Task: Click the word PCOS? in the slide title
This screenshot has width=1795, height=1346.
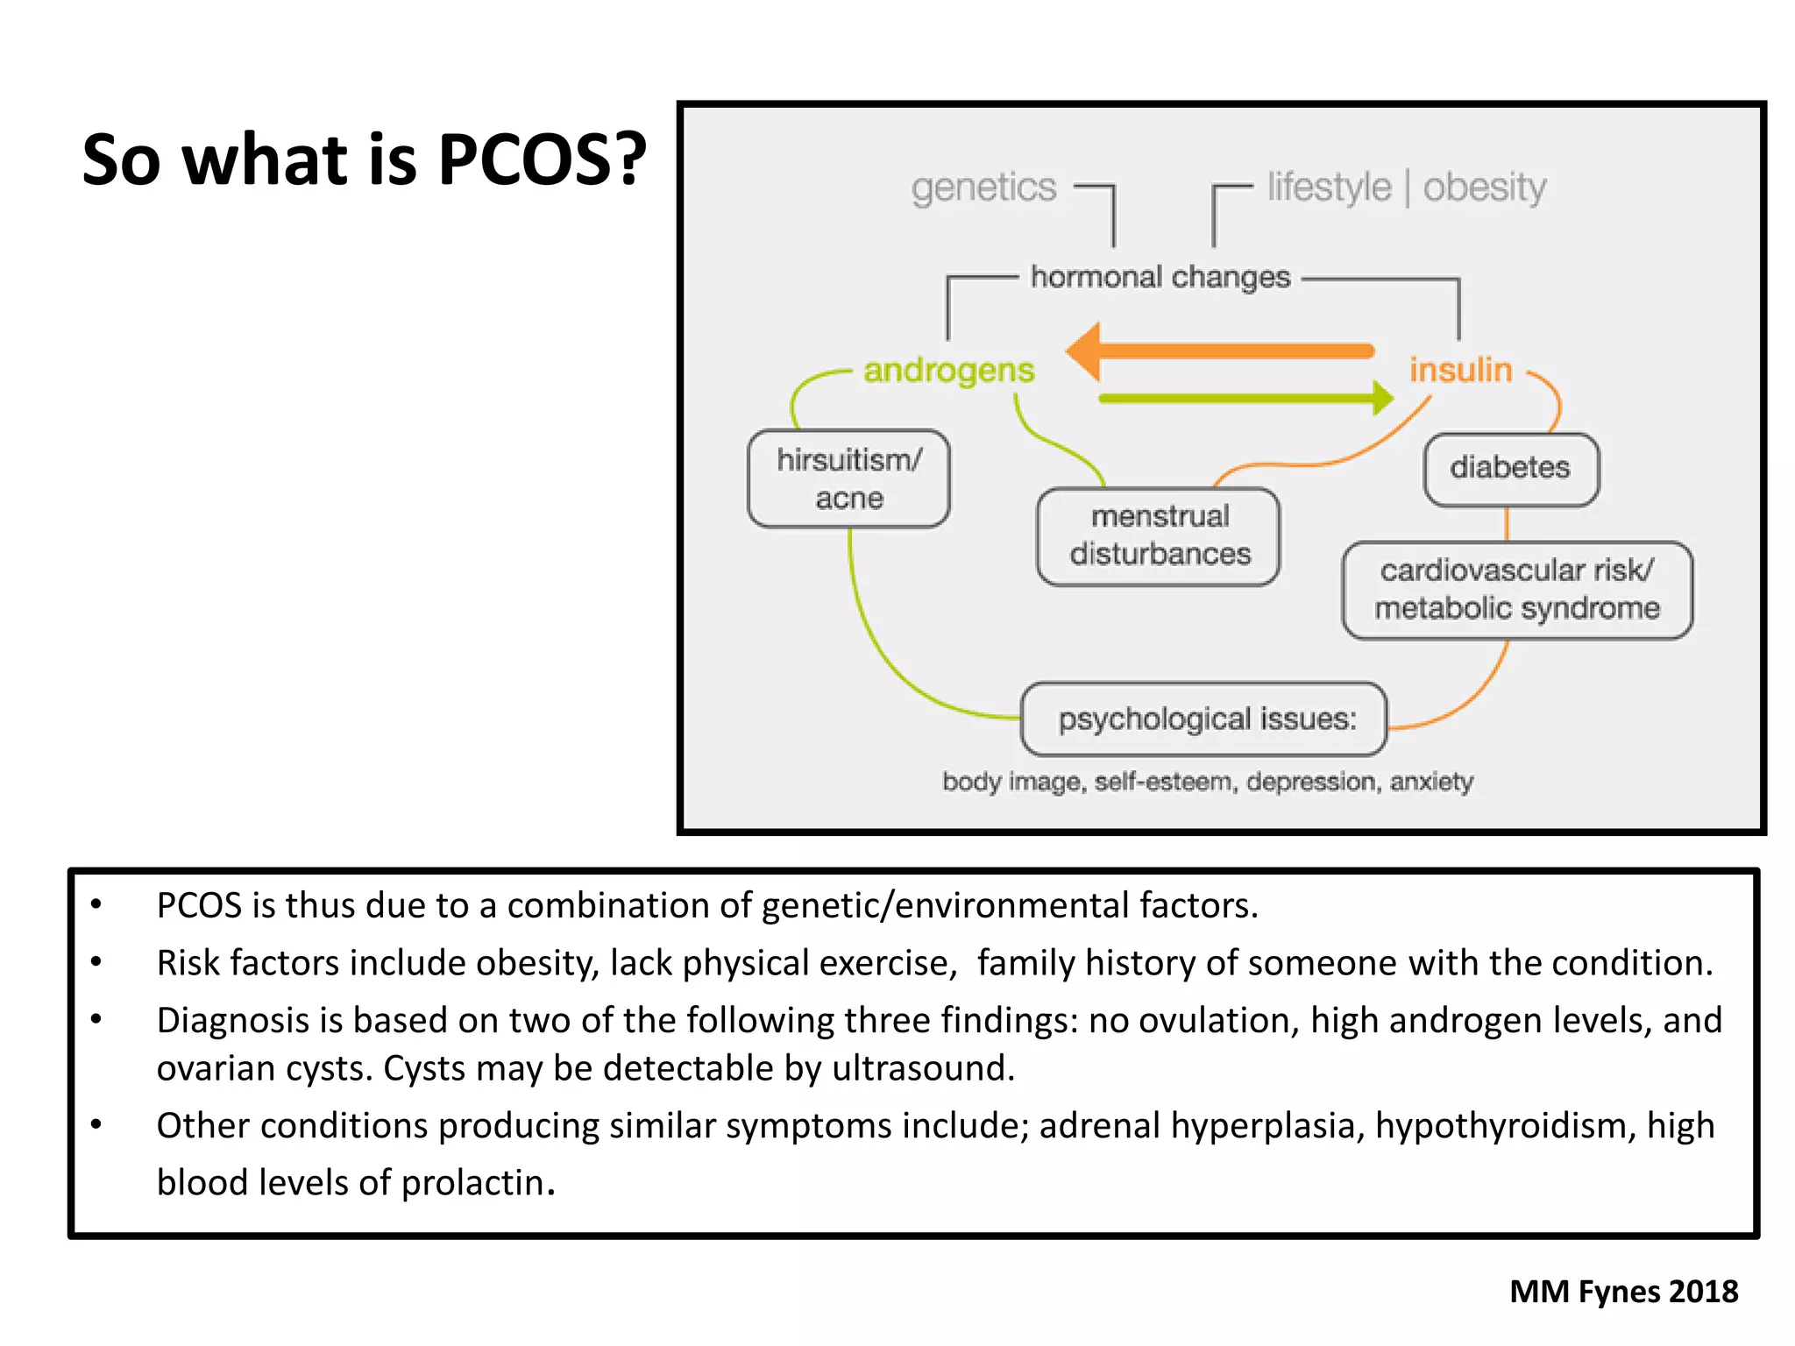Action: tap(541, 159)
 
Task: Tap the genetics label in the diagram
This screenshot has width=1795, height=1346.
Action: tap(983, 188)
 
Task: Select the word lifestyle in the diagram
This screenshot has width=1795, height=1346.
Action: tap(1329, 188)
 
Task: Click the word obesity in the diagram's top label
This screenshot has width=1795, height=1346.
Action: tap(1485, 188)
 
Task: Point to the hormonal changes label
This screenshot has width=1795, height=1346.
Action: tap(1160, 277)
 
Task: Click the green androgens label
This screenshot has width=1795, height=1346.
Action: tap(949, 370)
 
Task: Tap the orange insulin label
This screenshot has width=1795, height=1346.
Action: tap(1461, 370)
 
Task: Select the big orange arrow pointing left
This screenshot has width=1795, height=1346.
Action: tap(1218, 351)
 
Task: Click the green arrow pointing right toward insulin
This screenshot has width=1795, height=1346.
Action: tap(1245, 399)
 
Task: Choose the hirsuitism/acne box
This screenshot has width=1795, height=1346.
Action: tap(848, 478)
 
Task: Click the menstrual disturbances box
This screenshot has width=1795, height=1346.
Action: tap(1159, 535)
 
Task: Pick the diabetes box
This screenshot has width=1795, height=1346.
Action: tap(1510, 468)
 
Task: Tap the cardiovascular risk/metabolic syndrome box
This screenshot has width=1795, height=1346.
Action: tap(1516, 590)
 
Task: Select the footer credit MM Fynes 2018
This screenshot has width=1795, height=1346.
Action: tap(1623, 1292)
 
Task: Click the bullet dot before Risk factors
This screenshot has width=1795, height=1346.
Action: tap(96, 962)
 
